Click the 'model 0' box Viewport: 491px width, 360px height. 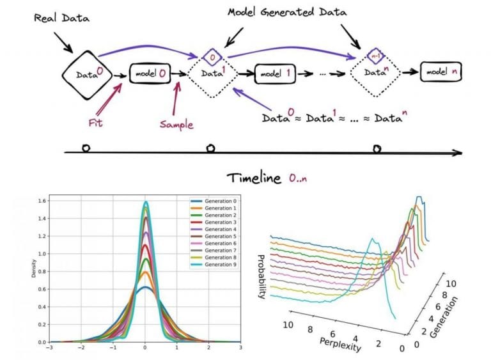click(x=150, y=74)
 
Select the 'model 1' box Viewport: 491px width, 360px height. click(x=275, y=74)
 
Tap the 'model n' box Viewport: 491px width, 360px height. click(x=441, y=72)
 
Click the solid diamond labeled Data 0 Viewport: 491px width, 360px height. click(x=87, y=75)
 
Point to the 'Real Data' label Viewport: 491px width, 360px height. click(x=61, y=18)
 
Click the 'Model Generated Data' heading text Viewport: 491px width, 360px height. click(x=287, y=12)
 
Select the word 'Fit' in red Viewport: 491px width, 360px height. click(x=95, y=123)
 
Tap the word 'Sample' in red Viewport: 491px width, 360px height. click(x=176, y=125)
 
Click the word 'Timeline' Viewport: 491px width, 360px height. click(x=254, y=178)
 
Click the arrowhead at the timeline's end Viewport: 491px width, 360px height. click(x=458, y=153)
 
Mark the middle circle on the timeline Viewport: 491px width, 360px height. click(x=211, y=148)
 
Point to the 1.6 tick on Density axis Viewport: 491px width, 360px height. click(x=42, y=201)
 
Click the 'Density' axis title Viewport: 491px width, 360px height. click(x=33, y=269)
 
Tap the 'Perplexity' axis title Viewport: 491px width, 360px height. click(x=340, y=345)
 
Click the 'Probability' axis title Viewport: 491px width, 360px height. click(x=261, y=277)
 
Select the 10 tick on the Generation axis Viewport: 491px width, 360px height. click(x=451, y=284)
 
